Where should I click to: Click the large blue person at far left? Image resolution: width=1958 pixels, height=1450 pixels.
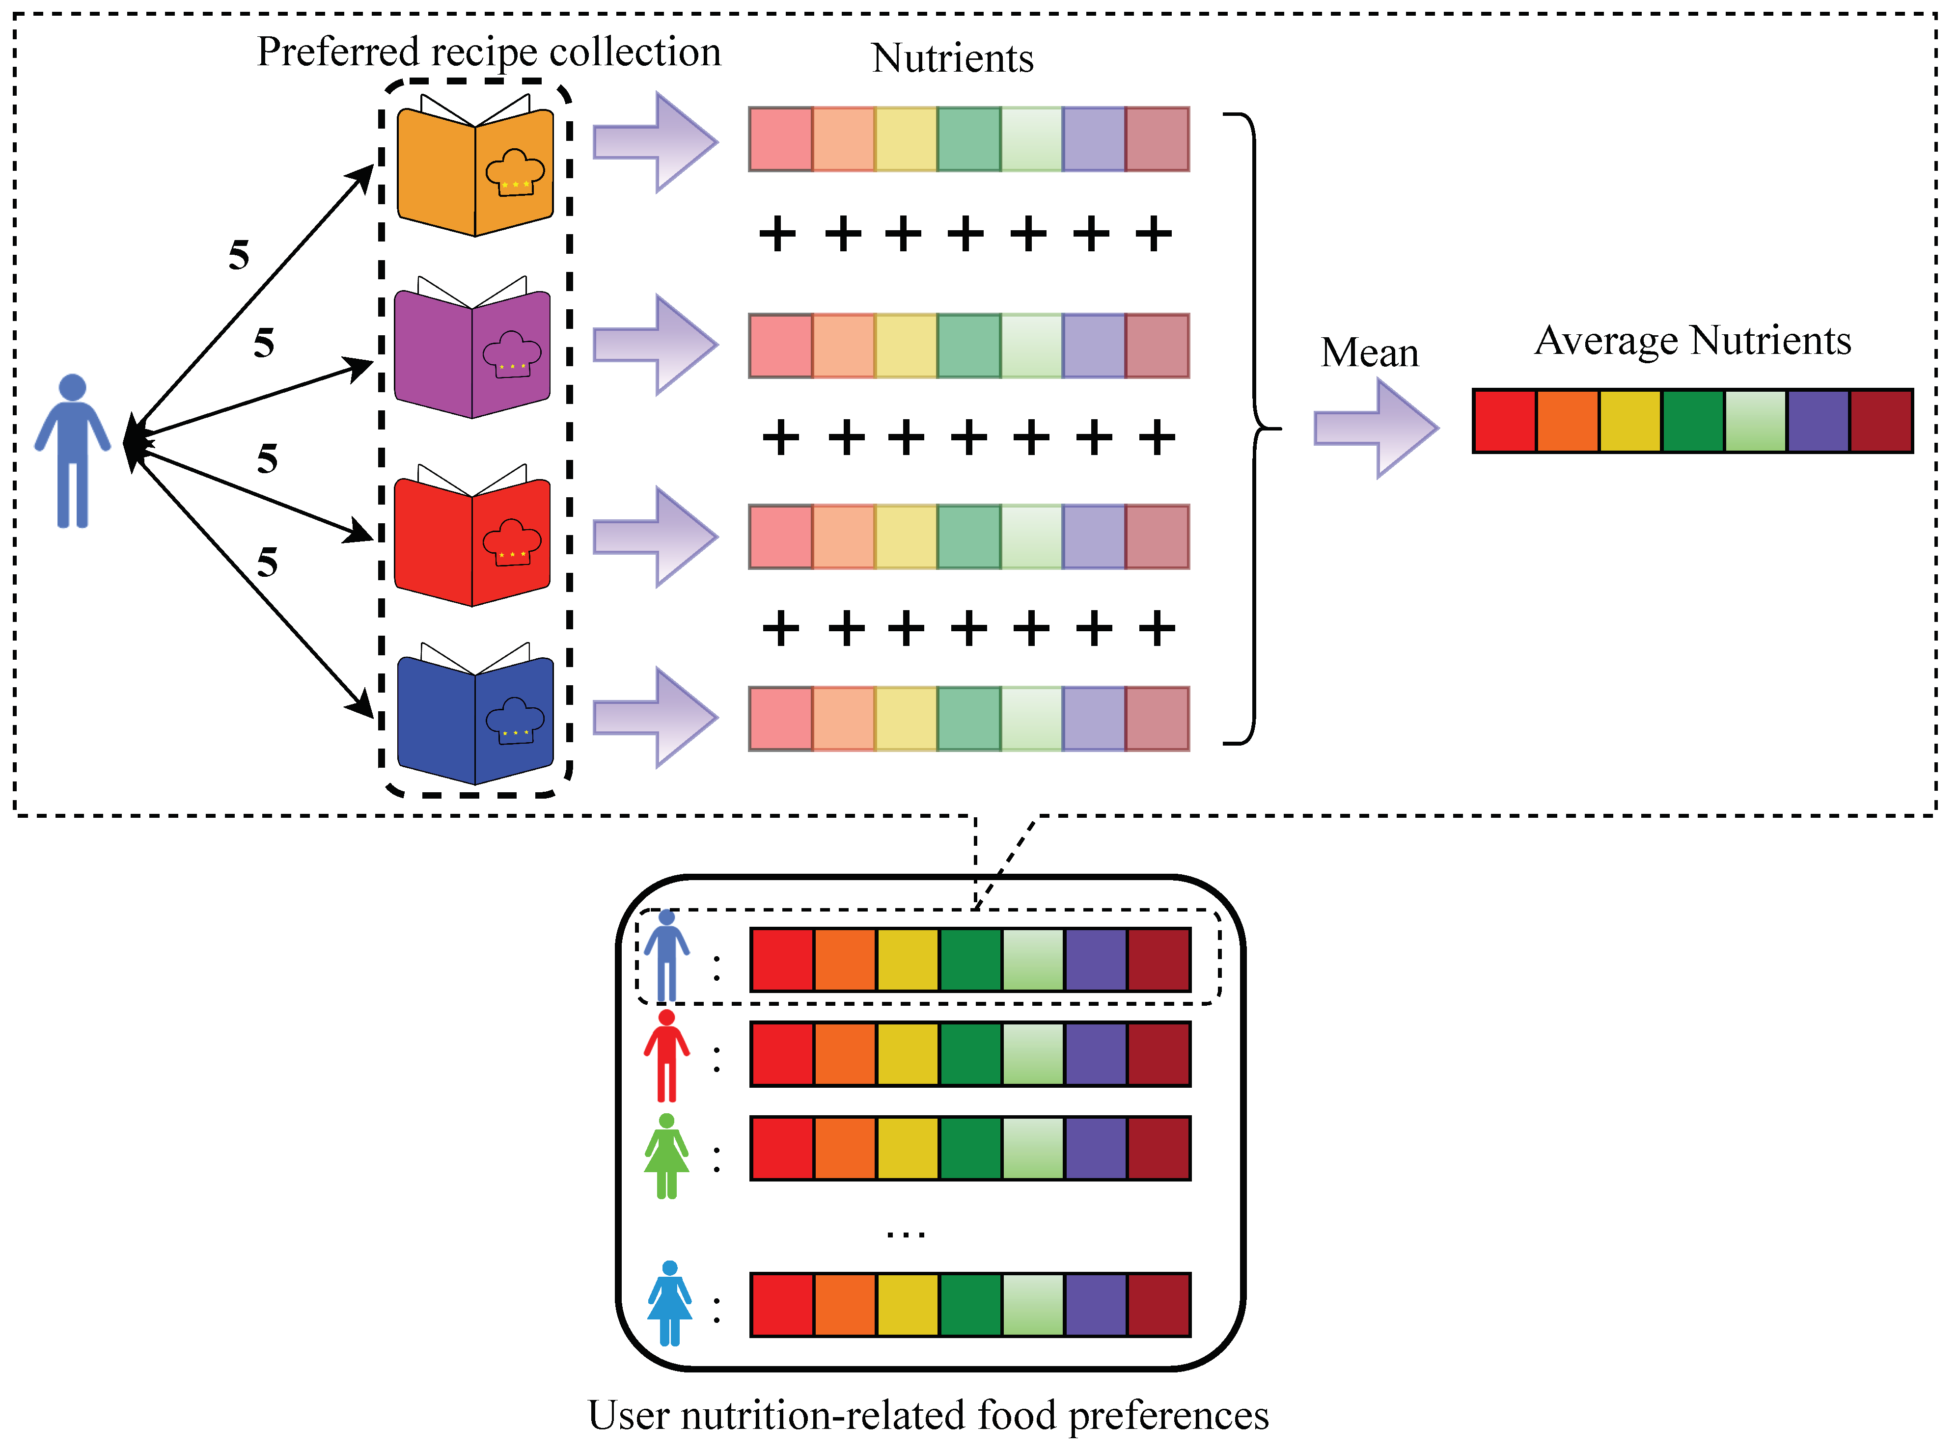(72, 450)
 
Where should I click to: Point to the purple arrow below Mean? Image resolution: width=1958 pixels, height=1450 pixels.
(1376, 429)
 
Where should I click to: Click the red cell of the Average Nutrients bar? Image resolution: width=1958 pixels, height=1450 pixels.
(1504, 421)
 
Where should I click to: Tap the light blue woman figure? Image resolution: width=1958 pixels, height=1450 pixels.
(669, 1303)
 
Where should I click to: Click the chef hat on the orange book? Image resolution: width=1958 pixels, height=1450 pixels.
(515, 172)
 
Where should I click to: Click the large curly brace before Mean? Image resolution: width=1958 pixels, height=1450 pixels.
(1251, 429)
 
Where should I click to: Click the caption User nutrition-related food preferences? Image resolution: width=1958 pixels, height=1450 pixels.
(928, 1415)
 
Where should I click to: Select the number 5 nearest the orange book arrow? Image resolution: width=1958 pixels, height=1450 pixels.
(239, 255)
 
